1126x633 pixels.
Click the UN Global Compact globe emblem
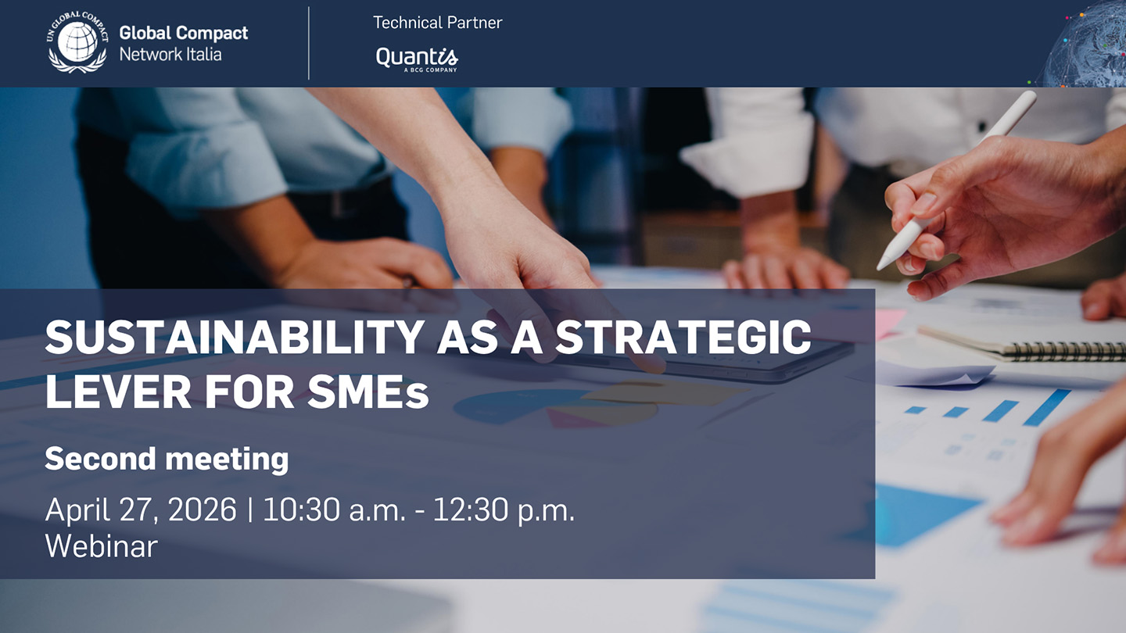(x=77, y=42)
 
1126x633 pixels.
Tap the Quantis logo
(x=417, y=59)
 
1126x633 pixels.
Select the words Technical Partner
(x=437, y=23)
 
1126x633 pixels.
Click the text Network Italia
(x=170, y=54)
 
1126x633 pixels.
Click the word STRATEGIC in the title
(x=683, y=337)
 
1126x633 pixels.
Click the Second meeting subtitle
(x=167, y=459)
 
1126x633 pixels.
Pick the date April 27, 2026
(x=141, y=510)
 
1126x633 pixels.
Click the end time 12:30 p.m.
(x=504, y=510)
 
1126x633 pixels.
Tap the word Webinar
(x=102, y=546)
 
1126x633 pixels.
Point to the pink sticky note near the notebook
(x=889, y=323)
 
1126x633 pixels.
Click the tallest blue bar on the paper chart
(x=1047, y=407)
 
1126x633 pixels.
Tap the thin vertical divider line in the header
(x=309, y=43)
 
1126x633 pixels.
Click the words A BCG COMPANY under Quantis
(x=430, y=70)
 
